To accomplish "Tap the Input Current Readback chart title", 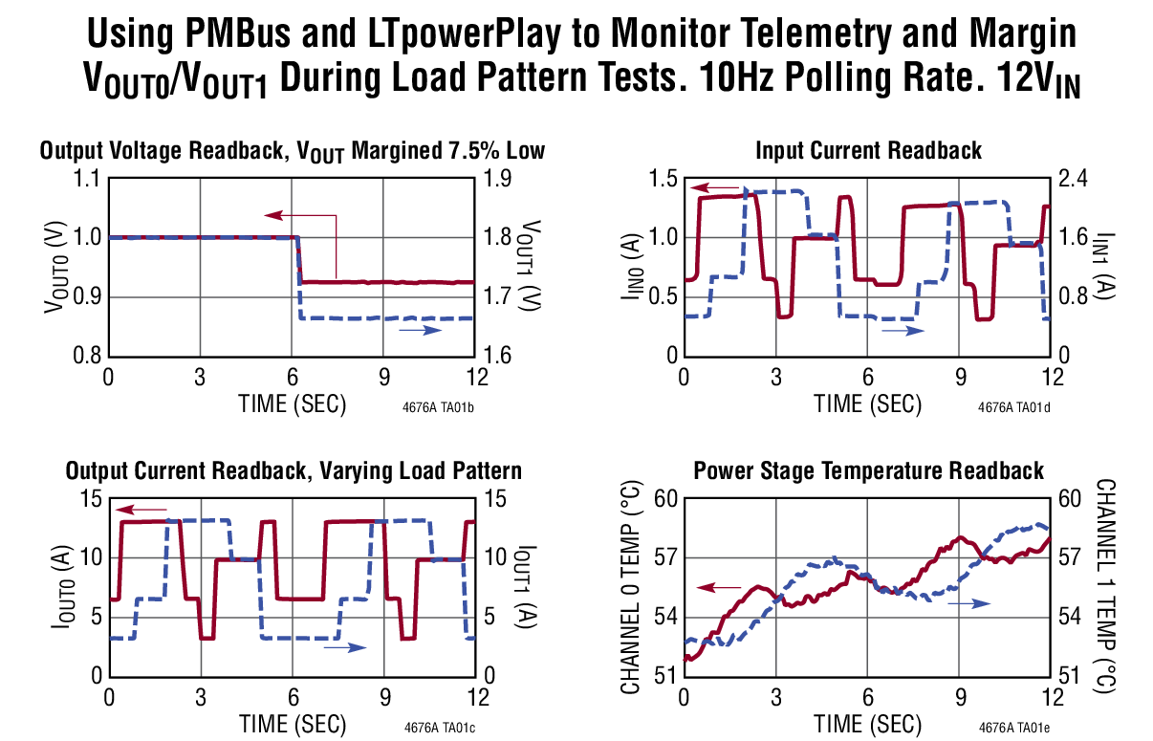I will point(868,150).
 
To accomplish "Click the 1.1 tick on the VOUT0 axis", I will point(87,180).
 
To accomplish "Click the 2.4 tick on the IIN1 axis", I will point(1074,180).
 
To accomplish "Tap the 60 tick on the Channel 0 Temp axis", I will point(665,500).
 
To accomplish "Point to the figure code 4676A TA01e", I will point(1014,728).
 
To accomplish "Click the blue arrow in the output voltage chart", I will point(420,330).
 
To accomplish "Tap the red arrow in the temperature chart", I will point(719,586).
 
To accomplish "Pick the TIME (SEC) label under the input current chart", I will point(868,403).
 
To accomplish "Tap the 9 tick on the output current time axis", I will point(384,696).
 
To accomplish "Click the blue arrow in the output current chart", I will point(344,647).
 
